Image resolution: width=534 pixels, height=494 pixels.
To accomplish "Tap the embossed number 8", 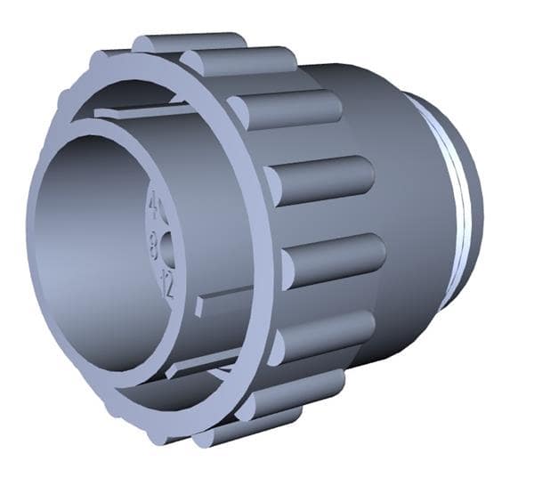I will pos(157,243).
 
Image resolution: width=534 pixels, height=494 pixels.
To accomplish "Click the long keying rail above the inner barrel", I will pos(142,113).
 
